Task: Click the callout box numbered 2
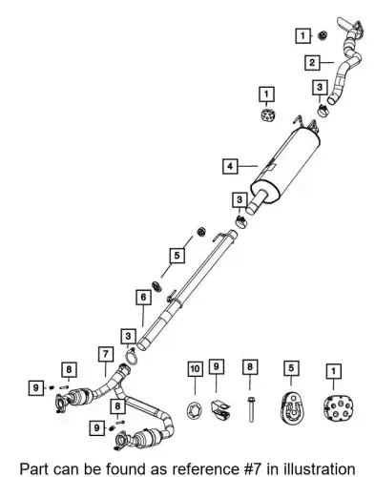point(312,63)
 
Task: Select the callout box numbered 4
point(230,166)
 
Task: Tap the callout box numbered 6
point(143,297)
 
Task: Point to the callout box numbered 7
point(106,354)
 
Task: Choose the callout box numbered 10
point(195,369)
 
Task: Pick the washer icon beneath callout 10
point(195,410)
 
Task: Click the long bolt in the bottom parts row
point(251,409)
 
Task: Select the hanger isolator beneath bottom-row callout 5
point(292,408)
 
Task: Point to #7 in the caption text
point(251,469)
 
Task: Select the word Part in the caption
point(34,469)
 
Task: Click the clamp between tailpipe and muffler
point(323,111)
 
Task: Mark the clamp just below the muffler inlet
point(242,222)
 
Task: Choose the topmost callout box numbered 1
point(303,35)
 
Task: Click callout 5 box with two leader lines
point(177,255)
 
